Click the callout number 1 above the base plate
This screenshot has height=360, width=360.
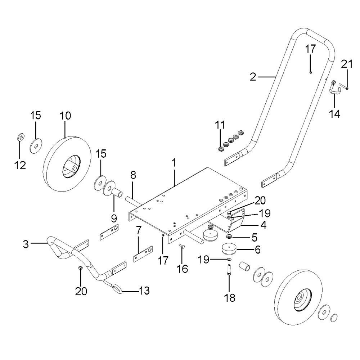pyautogui.click(x=174, y=163)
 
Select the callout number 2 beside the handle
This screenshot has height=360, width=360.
pyautogui.click(x=253, y=77)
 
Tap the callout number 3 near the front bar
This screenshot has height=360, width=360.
pyautogui.click(x=26, y=244)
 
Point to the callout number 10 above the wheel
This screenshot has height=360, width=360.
pyautogui.click(x=66, y=116)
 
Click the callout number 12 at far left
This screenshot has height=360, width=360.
pyautogui.click(x=20, y=165)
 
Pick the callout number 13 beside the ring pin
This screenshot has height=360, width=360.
pyautogui.click(x=144, y=291)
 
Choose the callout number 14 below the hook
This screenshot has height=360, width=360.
pyautogui.click(x=334, y=113)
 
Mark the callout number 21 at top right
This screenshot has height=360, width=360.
pyautogui.click(x=346, y=64)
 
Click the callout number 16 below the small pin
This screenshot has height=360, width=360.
pyautogui.click(x=183, y=269)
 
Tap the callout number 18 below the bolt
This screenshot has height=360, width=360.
pyautogui.click(x=230, y=298)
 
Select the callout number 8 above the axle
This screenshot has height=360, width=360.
pyautogui.click(x=133, y=175)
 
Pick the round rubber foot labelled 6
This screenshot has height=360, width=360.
pyautogui.click(x=229, y=249)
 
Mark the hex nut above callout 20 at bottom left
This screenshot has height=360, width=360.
pyautogui.click(x=80, y=268)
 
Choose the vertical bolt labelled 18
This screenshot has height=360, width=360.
pyautogui.click(x=229, y=270)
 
